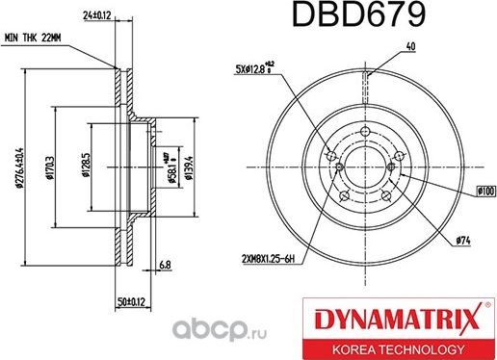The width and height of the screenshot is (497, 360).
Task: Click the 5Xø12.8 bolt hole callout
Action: point(255,68)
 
